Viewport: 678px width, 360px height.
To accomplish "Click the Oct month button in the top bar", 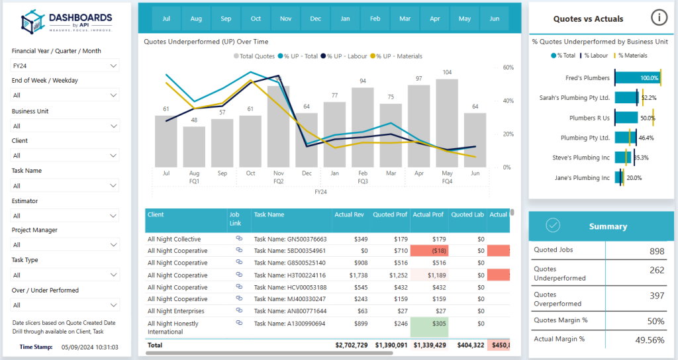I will click(256, 19).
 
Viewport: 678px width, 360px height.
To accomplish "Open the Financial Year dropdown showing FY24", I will click(66, 66).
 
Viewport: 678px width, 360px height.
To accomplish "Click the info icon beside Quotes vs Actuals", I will click(658, 18).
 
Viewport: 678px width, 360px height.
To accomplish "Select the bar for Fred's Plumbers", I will click(638, 78).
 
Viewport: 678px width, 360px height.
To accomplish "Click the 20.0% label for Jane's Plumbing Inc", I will click(634, 177).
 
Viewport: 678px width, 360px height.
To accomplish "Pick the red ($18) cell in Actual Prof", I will click(429, 251).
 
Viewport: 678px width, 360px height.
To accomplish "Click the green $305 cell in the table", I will click(429, 327).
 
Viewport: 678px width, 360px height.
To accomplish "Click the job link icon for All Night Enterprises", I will click(239, 311).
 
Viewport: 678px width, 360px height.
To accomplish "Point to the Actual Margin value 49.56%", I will click(649, 339).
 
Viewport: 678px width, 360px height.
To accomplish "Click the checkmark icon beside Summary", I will click(554, 226).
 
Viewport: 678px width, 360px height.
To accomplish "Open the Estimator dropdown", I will click(66, 216).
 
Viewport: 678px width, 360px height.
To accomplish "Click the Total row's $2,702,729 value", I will click(352, 345).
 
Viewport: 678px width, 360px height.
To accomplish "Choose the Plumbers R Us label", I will click(589, 118).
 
